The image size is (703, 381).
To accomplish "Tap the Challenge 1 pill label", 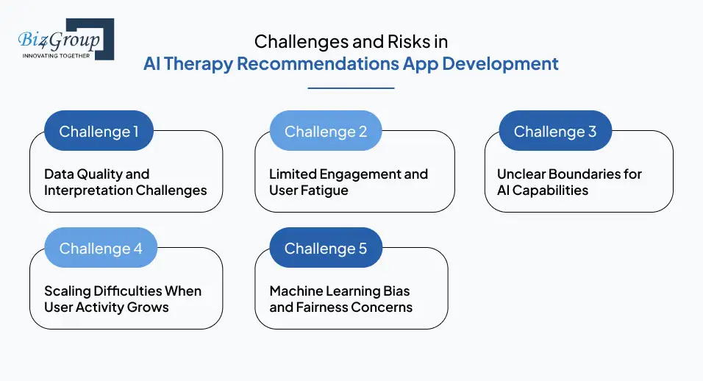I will [x=99, y=132].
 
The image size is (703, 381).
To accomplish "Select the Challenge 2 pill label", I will [x=326, y=132].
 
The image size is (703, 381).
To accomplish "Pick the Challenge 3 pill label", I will [x=555, y=132].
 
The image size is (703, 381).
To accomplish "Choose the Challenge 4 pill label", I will [x=101, y=249].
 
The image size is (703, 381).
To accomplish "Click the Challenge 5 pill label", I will [x=326, y=249].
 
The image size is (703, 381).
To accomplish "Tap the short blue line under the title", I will [x=351, y=88].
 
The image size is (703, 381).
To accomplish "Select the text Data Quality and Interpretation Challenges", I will [x=125, y=182].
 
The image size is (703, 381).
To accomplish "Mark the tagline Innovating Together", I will [x=56, y=55].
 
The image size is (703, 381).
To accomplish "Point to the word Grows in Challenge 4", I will [x=149, y=307].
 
